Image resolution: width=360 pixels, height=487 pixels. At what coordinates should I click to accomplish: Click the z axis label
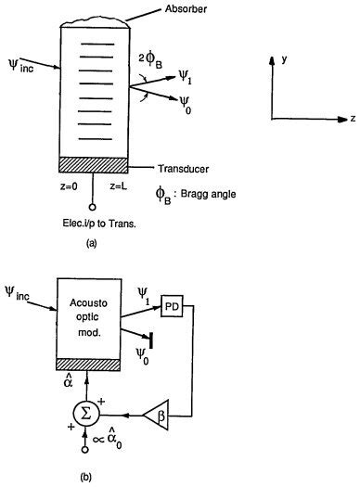352,120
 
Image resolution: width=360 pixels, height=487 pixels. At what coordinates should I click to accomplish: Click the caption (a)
91,243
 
